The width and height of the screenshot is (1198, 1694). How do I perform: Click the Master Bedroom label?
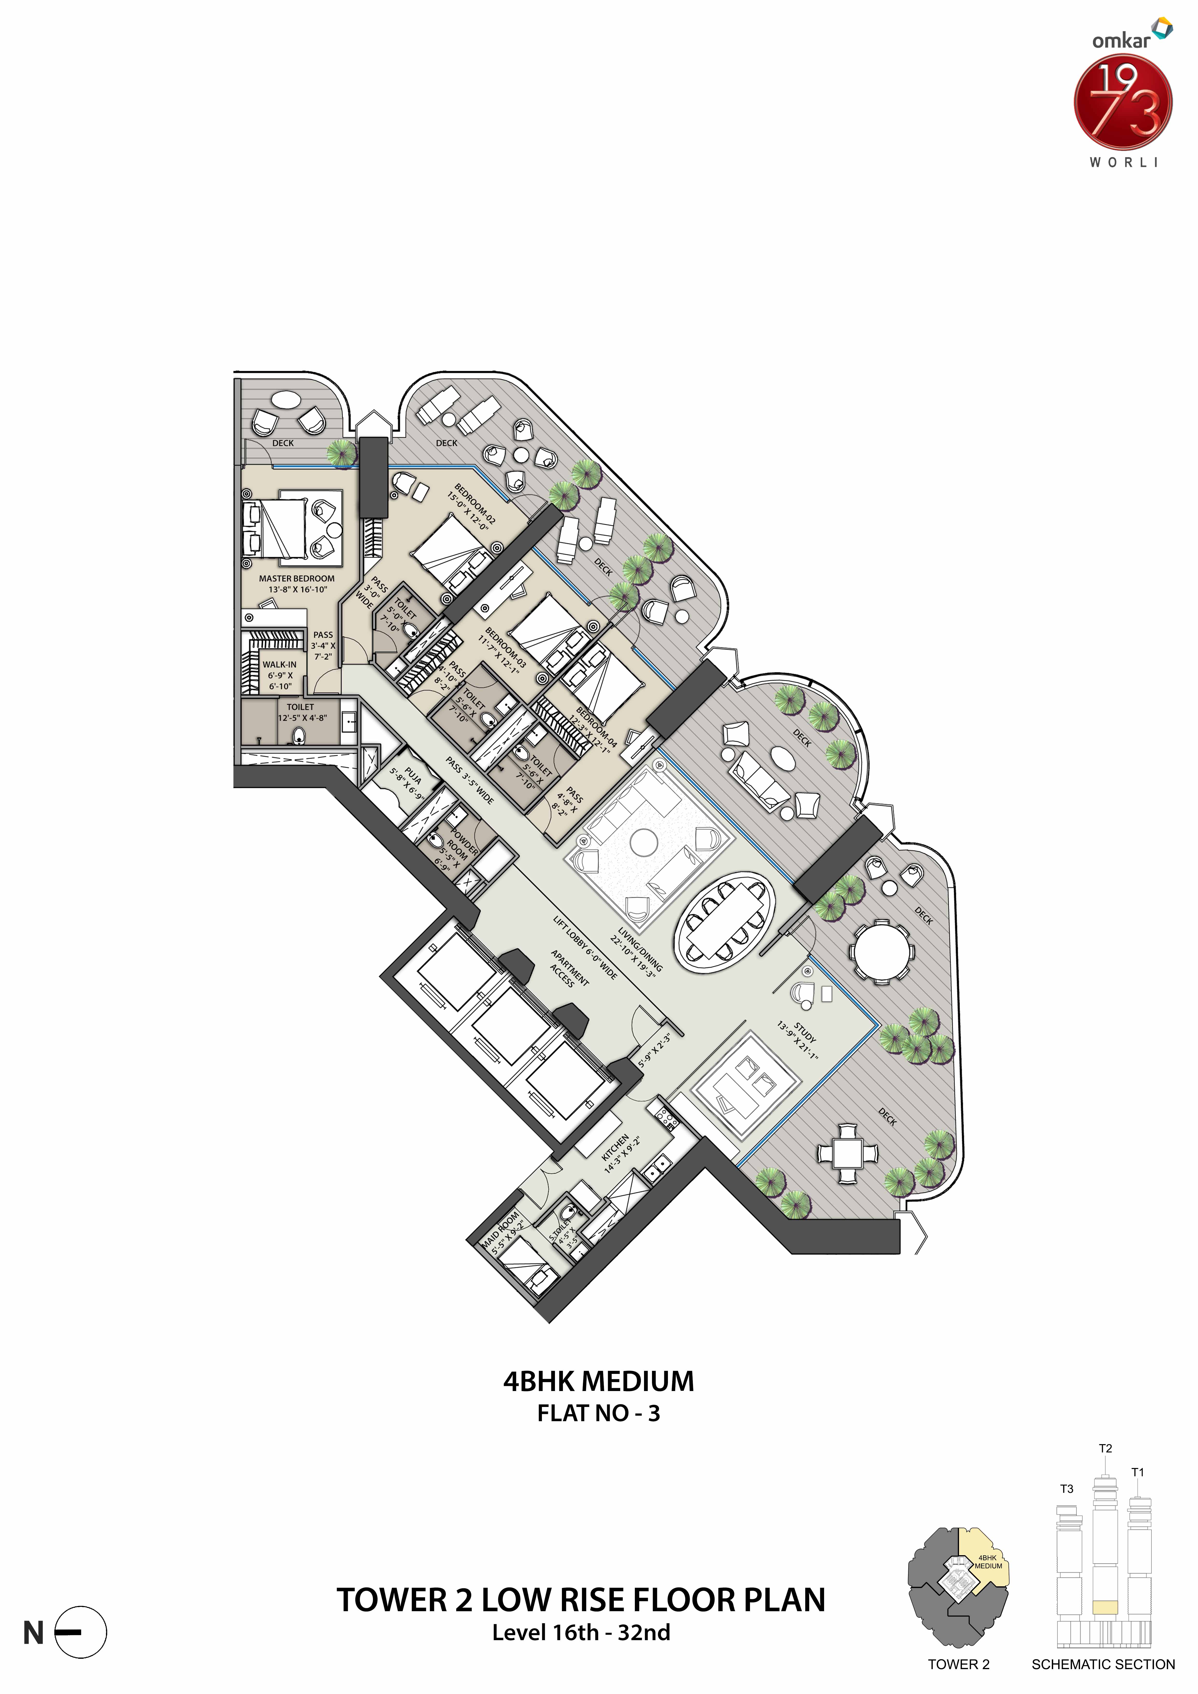297,578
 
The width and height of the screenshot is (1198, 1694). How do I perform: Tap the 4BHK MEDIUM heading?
598,1381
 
